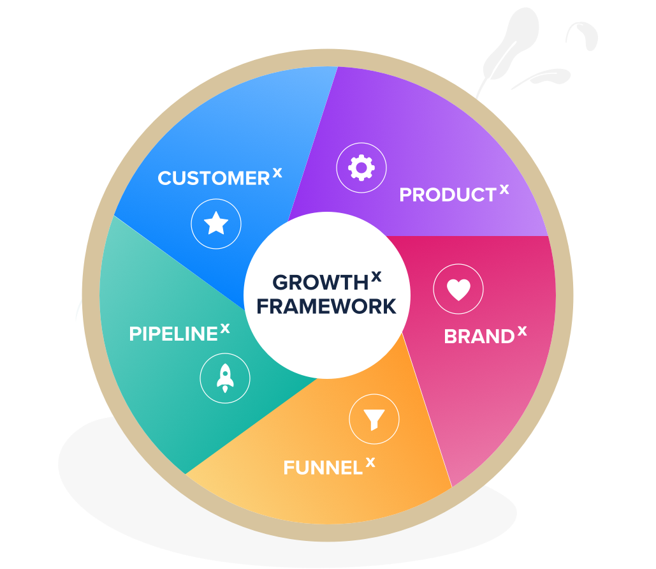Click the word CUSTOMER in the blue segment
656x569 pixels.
[214, 179]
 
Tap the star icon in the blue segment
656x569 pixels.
[216, 224]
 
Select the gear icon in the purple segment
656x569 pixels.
[361, 168]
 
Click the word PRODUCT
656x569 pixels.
[448, 195]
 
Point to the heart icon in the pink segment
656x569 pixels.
[458, 290]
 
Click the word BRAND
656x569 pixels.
[479, 336]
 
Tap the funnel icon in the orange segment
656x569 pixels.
[374, 419]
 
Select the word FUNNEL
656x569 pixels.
[323, 468]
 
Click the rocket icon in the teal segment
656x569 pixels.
[224, 378]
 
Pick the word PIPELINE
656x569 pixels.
[173, 334]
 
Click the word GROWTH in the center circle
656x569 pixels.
[320, 283]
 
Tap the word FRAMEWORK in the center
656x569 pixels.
[326, 306]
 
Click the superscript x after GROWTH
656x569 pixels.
[376, 276]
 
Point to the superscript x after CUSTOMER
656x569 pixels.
[277, 172]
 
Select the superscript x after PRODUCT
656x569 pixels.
[504, 189]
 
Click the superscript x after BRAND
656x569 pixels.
[522, 330]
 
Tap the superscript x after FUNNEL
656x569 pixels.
[370, 462]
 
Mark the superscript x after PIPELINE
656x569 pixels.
[225, 328]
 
